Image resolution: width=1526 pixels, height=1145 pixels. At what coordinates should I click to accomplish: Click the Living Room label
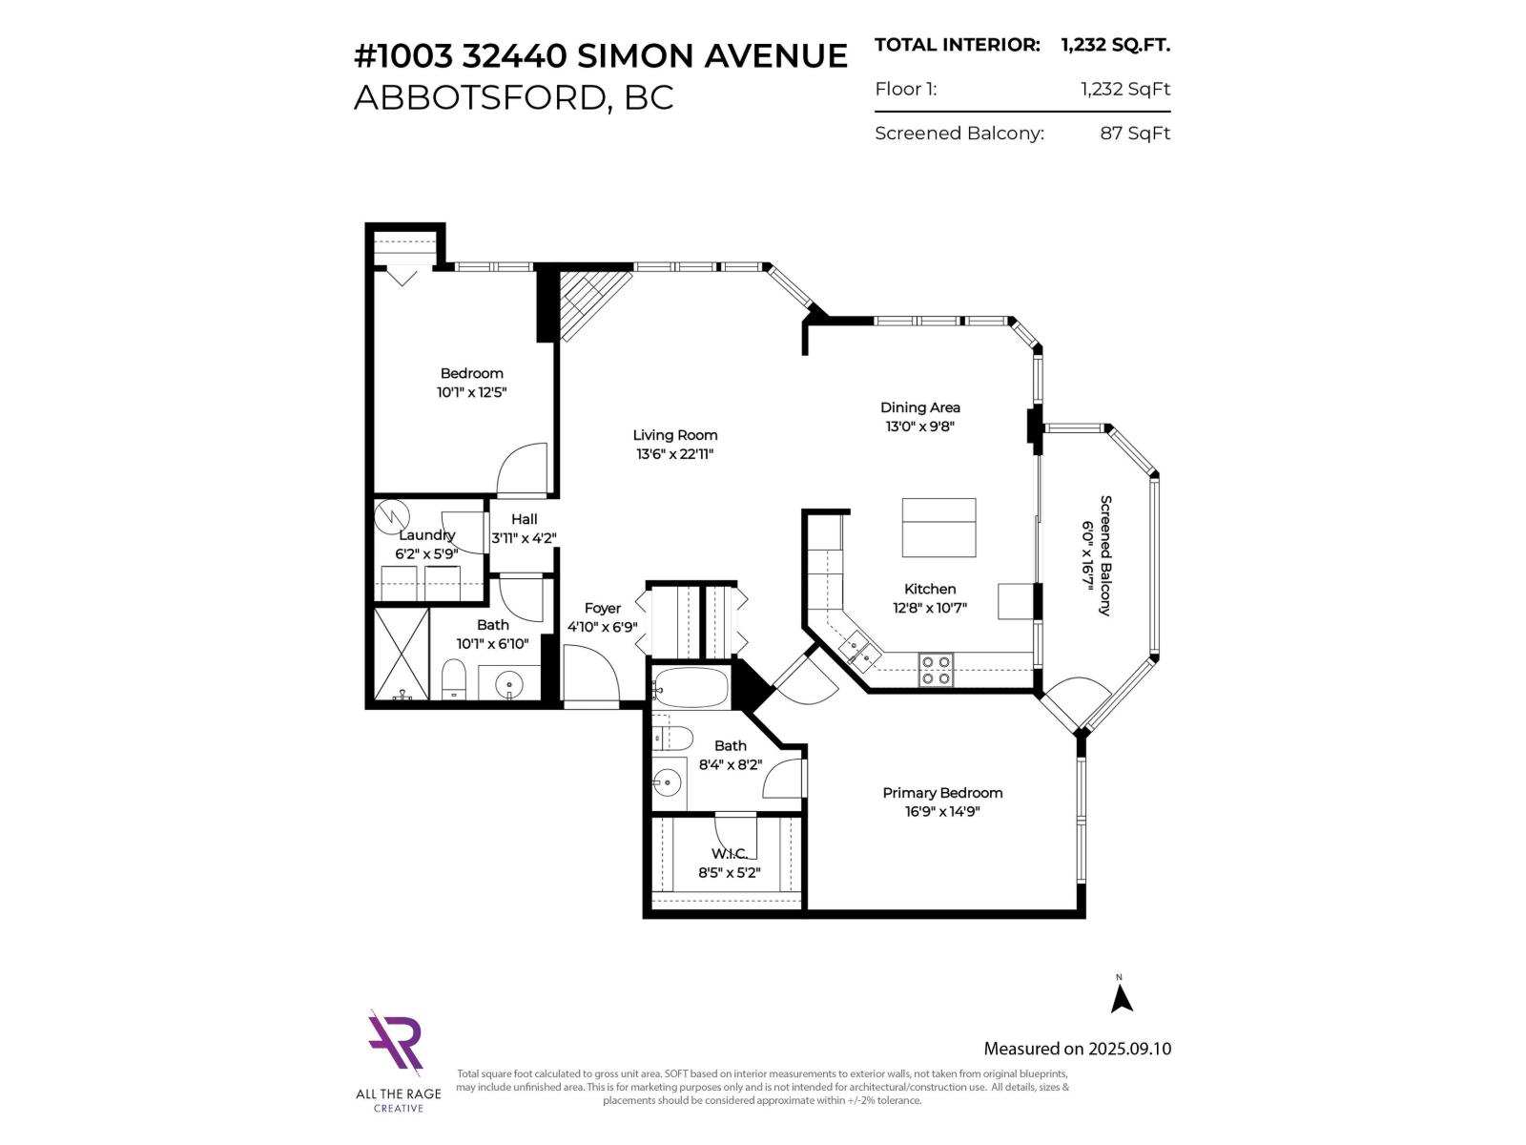click(x=676, y=435)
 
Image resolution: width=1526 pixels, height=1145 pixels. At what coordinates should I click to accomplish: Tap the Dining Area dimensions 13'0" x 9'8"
click(x=919, y=427)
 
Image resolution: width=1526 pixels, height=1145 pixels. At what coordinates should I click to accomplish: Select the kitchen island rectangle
click(x=938, y=528)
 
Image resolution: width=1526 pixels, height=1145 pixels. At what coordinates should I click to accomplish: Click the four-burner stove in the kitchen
click(x=936, y=669)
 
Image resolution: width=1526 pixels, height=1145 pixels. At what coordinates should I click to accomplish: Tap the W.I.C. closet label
click(x=729, y=854)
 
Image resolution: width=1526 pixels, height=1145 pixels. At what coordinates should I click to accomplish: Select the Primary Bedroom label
click(x=942, y=793)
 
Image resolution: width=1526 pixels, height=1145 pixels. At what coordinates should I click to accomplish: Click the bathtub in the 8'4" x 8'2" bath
click(x=691, y=687)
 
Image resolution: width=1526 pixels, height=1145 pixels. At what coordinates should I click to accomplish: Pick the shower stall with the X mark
click(x=401, y=655)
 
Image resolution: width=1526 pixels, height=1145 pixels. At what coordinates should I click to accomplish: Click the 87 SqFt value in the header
click(x=1135, y=134)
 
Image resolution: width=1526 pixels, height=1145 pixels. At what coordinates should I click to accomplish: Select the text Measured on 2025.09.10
click(x=1077, y=1049)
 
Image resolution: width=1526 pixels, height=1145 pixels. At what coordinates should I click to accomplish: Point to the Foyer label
click(x=602, y=609)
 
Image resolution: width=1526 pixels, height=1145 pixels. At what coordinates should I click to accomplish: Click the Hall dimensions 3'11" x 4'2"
click(x=524, y=538)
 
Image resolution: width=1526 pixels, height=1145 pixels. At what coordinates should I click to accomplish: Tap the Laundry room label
click(x=426, y=535)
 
